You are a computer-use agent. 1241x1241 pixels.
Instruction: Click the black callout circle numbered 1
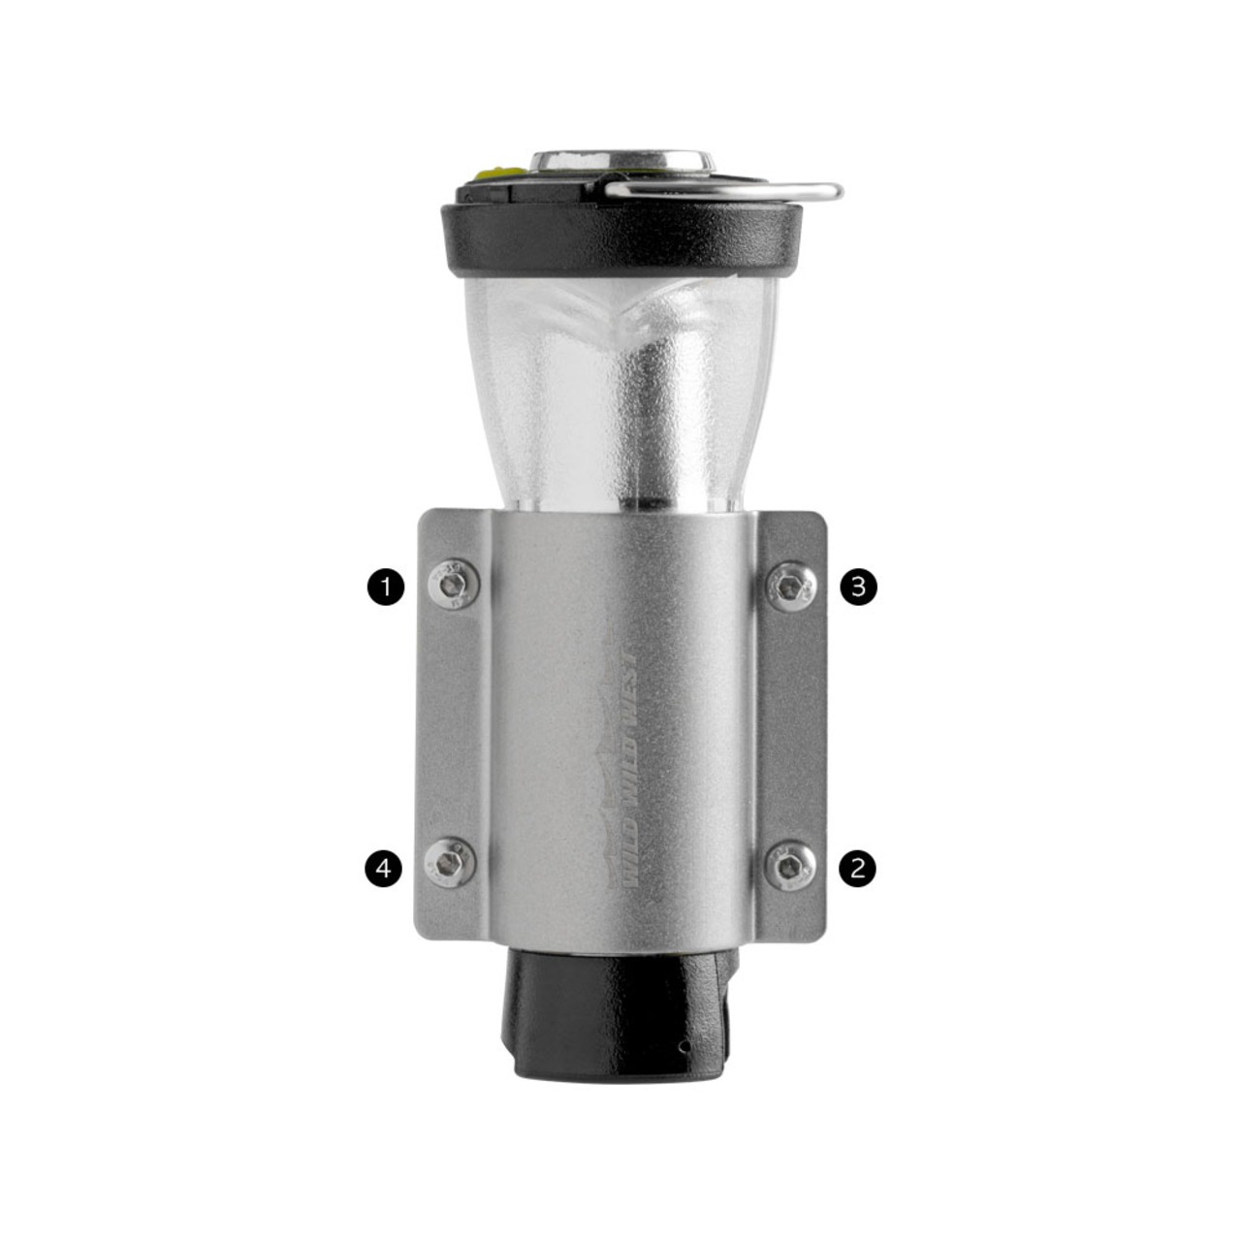pyautogui.click(x=386, y=587)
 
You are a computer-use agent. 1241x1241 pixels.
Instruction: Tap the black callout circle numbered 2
pyautogui.click(x=857, y=869)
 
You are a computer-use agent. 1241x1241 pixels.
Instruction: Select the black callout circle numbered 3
pyautogui.click(x=858, y=587)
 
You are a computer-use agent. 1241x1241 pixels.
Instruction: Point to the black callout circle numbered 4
pyautogui.click(x=384, y=869)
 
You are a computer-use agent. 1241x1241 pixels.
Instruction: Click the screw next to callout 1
pyautogui.click(x=454, y=584)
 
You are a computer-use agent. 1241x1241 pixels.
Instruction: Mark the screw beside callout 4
pyautogui.click(x=451, y=862)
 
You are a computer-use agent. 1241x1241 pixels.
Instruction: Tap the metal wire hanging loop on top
pyautogui.click(x=721, y=191)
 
